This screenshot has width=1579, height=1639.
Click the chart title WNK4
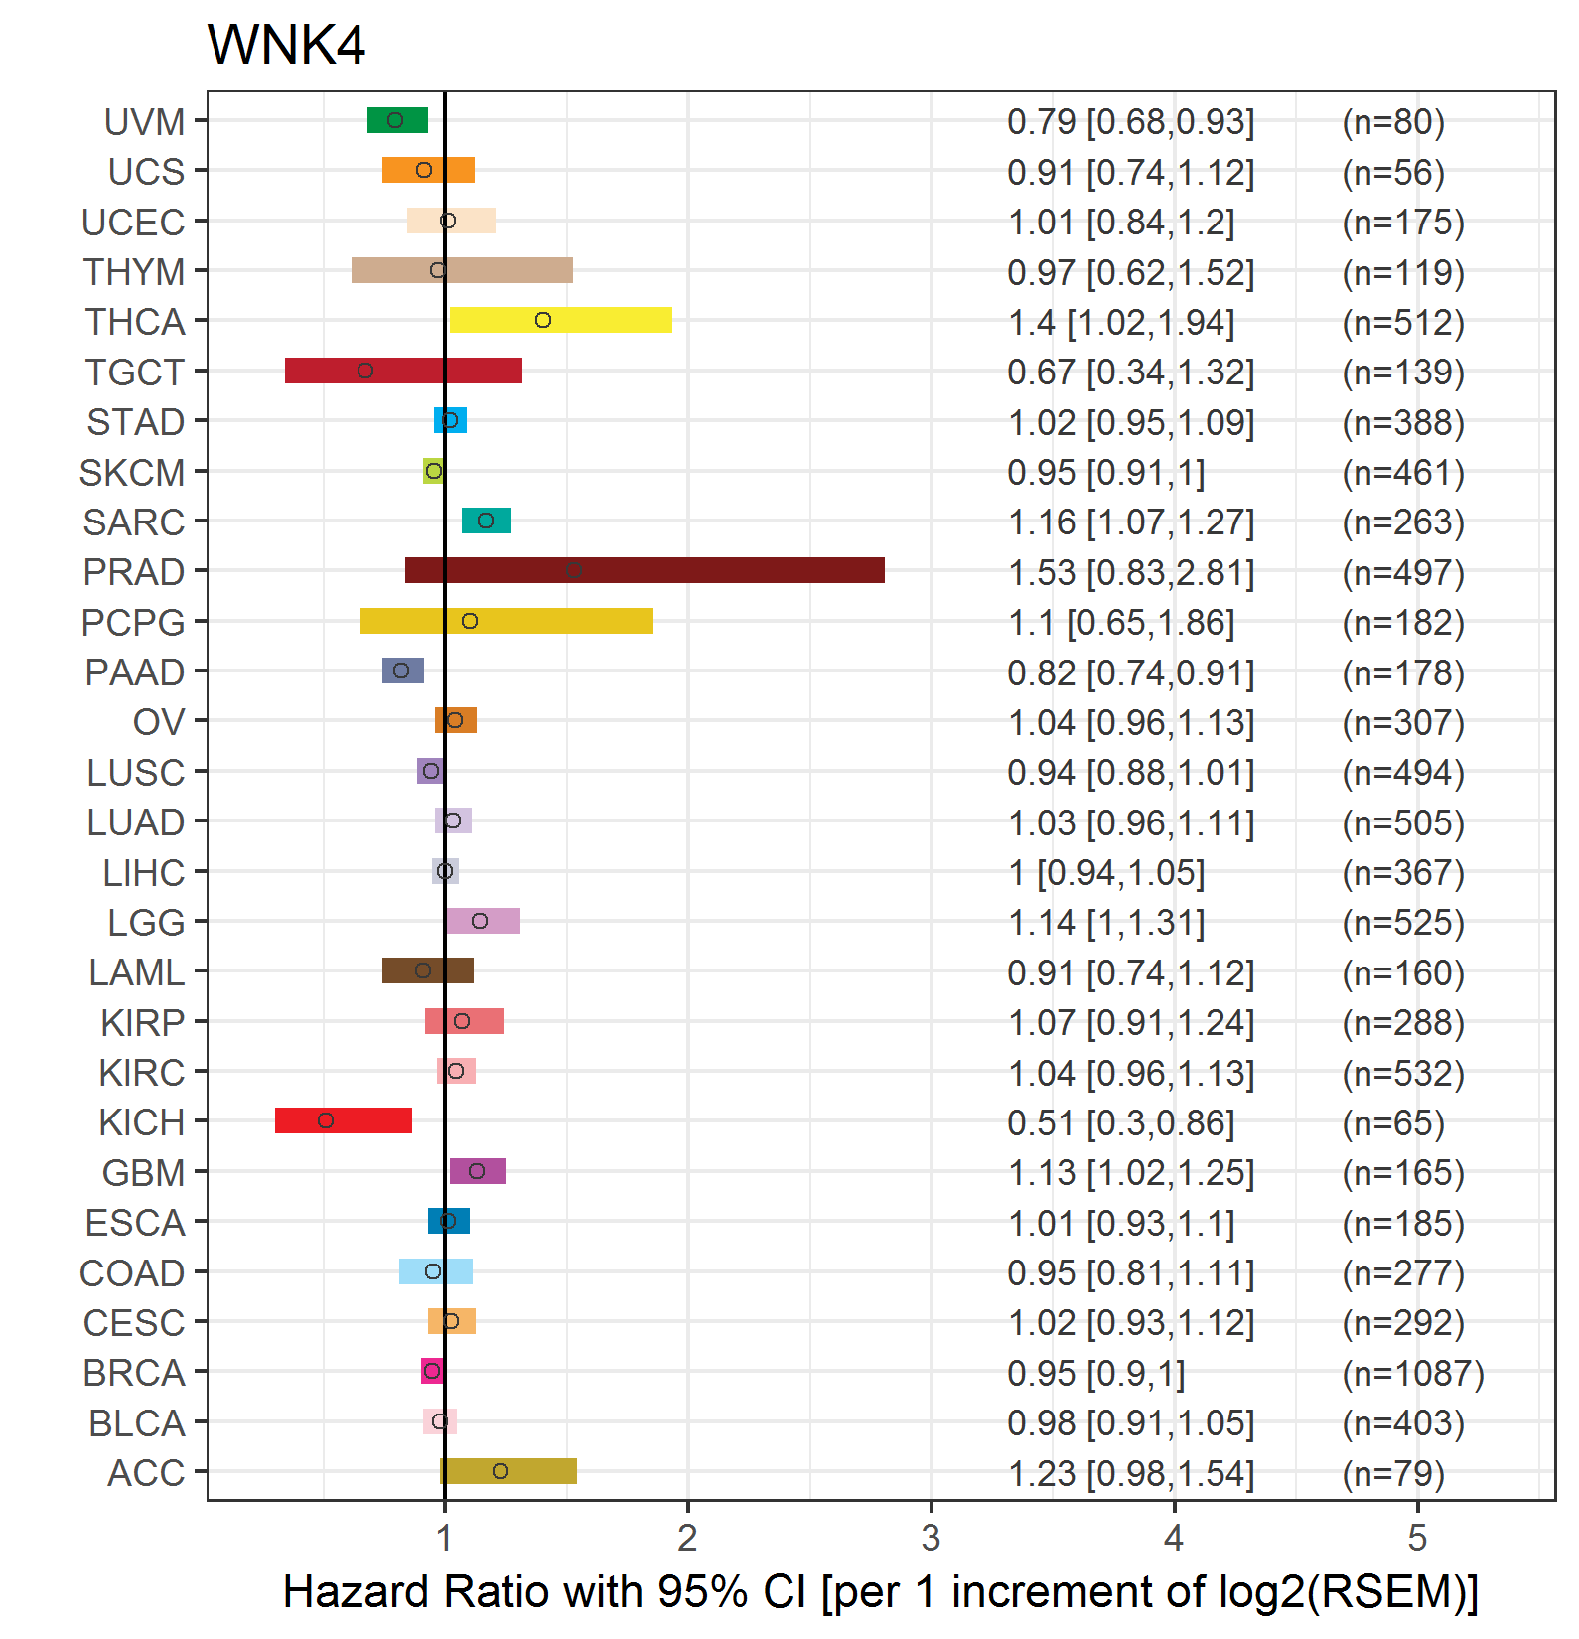point(286,46)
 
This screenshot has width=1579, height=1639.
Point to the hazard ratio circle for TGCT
point(365,371)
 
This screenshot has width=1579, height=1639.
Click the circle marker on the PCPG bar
point(470,621)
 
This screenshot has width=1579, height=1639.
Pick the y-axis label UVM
point(145,122)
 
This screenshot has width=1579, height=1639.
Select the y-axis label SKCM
point(132,473)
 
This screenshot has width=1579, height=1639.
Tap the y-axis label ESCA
point(135,1223)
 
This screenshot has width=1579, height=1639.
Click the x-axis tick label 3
point(931,1539)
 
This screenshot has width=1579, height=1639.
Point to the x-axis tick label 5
point(1417,1539)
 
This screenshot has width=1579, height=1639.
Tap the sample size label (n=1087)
point(1412,1373)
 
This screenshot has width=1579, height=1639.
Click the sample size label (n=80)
point(1392,122)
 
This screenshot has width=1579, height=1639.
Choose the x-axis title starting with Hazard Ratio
point(880,1591)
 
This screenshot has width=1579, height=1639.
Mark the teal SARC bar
point(487,521)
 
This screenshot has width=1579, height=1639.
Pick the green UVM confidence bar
point(397,120)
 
